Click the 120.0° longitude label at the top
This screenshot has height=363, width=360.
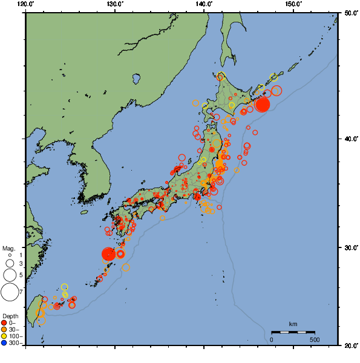click(26, 4)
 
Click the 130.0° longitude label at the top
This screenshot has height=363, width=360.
click(115, 4)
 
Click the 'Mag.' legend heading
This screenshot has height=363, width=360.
click(8, 249)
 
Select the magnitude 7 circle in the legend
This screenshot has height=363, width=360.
click(9, 292)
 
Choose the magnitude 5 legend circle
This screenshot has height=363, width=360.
click(9, 275)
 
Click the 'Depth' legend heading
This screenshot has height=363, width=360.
click(10, 316)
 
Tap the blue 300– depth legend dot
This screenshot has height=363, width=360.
click(4, 343)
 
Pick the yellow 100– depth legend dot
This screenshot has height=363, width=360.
click(4, 336)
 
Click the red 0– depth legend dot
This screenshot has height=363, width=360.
click(4, 322)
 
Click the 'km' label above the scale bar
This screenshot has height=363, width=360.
click(293, 324)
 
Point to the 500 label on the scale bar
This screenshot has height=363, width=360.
click(315, 339)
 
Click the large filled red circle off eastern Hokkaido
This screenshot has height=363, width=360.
click(262, 105)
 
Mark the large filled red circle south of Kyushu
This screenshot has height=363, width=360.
click(108, 254)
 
